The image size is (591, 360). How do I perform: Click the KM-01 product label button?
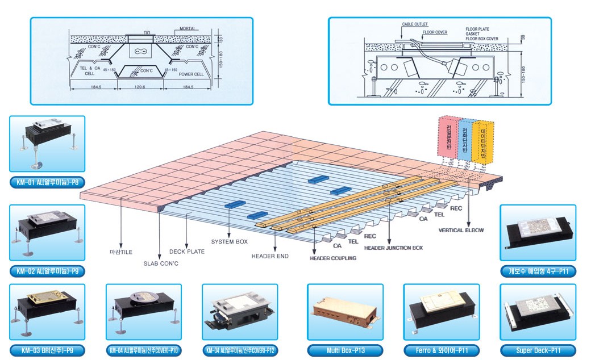pos(47,183)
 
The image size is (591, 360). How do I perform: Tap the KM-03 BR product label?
pos(47,350)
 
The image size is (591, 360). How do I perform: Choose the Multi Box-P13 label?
pos(346,350)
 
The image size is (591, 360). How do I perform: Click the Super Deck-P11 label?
pos(538,350)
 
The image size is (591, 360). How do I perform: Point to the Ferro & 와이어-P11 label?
pos(442,350)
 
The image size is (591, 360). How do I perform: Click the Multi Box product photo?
pos(346,312)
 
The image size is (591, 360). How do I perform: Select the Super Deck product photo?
pos(538,312)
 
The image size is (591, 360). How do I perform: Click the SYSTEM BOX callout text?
pos(229,242)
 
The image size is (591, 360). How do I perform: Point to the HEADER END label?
pos(270,256)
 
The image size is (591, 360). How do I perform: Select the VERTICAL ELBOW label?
pos(461,231)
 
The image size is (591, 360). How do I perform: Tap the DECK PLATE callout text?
pos(187,251)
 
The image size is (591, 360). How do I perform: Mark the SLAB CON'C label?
pos(161,263)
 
